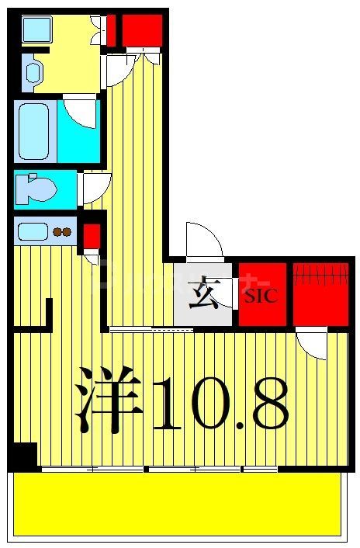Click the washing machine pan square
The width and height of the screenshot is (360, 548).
coord(36,29)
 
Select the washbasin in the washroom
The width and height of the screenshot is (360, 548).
coord(33,72)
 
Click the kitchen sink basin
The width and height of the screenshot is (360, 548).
coord(32,231)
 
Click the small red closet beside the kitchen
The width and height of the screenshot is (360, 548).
coord(92,234)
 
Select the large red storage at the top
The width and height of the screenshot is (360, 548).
coord(142,30)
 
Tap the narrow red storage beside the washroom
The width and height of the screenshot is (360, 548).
coord(111,30)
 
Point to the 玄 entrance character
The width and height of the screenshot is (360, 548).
coord(203,295)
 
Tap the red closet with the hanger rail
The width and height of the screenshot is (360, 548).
coord(320,294)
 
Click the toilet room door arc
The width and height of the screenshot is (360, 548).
coord(96,187)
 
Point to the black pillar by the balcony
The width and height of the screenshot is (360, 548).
coord(24,456)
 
